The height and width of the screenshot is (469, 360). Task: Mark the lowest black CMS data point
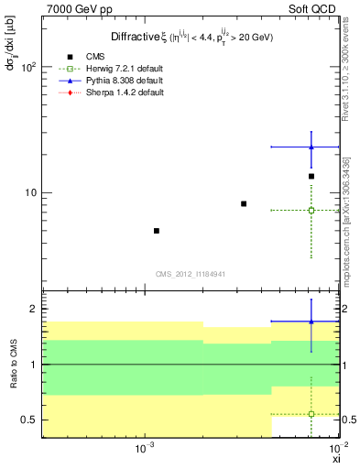point(157,231)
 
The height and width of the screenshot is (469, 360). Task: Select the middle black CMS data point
point(244,203)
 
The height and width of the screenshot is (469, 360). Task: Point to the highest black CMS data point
point(311,176)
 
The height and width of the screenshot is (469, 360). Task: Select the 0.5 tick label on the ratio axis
point(27,420)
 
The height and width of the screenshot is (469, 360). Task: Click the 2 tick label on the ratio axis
point(33,310)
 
